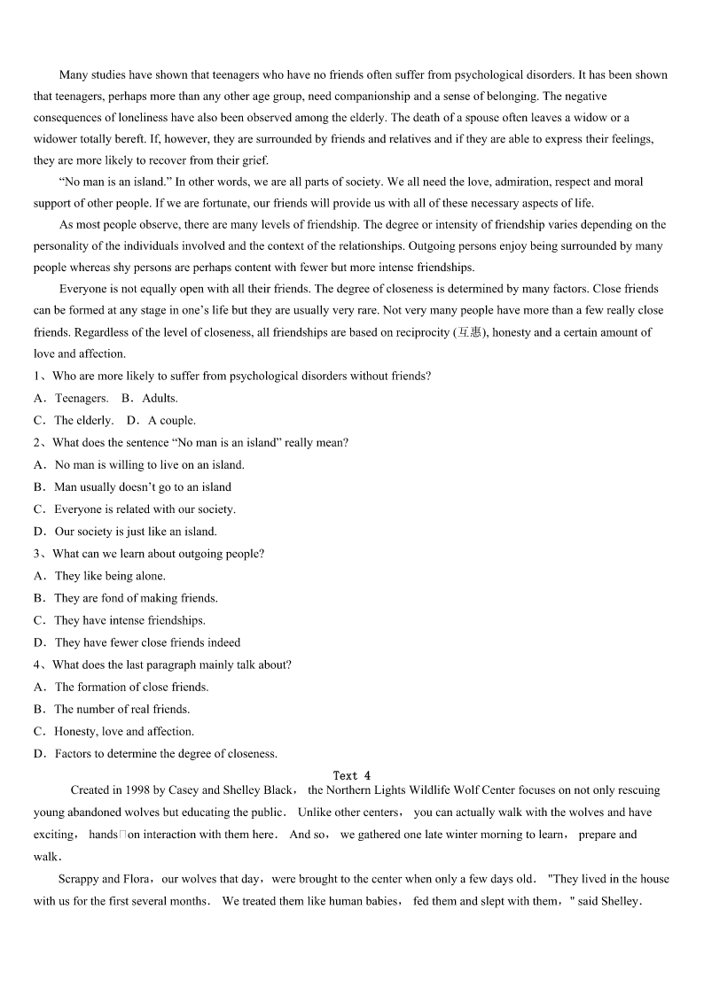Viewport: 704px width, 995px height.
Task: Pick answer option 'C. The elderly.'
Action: (x=74, y=420)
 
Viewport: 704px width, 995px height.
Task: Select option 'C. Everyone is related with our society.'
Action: (x=134, y=509)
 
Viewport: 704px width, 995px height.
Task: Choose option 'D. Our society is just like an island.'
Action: (x=125, y=532)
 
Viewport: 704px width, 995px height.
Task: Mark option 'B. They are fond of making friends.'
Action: (x=125, y=598)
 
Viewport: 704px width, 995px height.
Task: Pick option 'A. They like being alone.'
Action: (x=99, y=576)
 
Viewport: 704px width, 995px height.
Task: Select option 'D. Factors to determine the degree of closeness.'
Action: (x=155, y=754)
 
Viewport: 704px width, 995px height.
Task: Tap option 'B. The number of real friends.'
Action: (x=112, y=709)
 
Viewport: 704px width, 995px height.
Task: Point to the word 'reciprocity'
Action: (x=421, y=332)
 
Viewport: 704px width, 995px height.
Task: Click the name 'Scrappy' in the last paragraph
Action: (x=78, y=879)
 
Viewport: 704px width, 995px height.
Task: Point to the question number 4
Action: (x=37, y=665)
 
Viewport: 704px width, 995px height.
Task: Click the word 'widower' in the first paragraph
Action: (x=55, y=139)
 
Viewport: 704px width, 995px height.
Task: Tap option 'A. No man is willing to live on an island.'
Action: (x=139, y=464)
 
